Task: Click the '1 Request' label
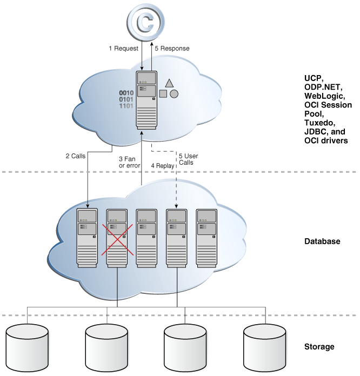pyautogui.click(x=124, y=49)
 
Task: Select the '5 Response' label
pyautogui.click(x=172, y=49)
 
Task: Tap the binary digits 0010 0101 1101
pyautogui.click(x=126, y=99)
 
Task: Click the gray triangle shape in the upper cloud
pyautogui.click(x=169, y=83)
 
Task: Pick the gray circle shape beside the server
pyautogui.click(x=174, y=93)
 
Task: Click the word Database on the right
pyautogui.click(x=322, y=241)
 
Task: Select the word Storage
pyautogui.click(x=319, y=346)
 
